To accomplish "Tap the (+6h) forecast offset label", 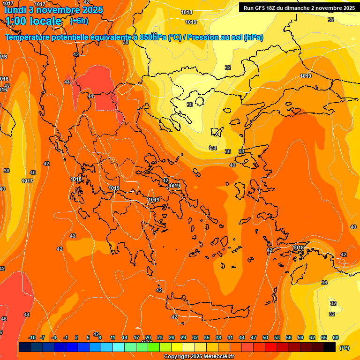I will pyautogui.click(x=79, y=21).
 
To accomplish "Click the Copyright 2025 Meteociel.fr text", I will pyautogui.click(x=199, y=357).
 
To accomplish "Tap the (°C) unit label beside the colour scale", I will pyautogui.click(x=344, y=348).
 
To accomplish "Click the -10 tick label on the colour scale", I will pyautogui.click(x=32, y=337).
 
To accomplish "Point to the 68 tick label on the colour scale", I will pyautogui.click(x=336, y=337).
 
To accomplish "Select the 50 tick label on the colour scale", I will pyautogui.click(x=265, y=337).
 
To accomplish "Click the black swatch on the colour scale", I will pyautogui.click(x=330, y=347).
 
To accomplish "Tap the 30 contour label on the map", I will pyautogui.click(x=189, y=105).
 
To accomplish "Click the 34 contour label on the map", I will pyautogui.click(x=214, y=148).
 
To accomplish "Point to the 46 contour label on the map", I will pyautogui.click(x=4, y=319).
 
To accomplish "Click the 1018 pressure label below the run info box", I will pyautogui.click(x=187, y=12).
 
